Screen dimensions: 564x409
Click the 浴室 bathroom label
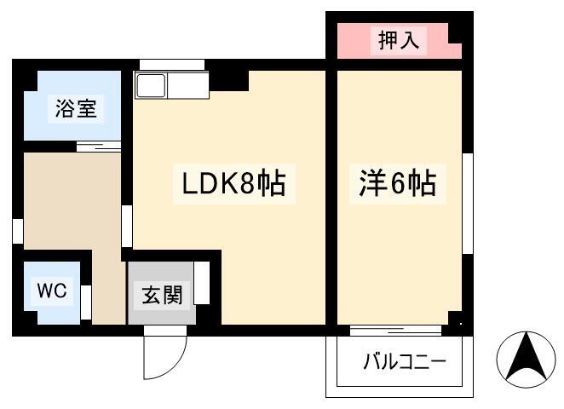click(76, 109)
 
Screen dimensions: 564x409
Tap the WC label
click(52, 291)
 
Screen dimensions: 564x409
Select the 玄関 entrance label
click(162, 296)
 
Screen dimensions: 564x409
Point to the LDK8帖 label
click(233, 183)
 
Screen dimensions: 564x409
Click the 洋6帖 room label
click(398, 182)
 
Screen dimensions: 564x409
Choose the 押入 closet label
click(399, 40)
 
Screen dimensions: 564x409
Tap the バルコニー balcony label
click(405, 361)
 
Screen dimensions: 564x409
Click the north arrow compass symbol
click(527, 360)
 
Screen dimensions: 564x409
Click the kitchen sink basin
click(152, 85)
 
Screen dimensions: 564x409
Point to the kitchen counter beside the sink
click(187, 85)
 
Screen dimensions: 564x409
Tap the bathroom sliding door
click(99, 147)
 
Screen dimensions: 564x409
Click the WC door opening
click(86, 302)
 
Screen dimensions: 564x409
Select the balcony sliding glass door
click(395, 331)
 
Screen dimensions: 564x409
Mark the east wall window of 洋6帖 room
click(468, 204)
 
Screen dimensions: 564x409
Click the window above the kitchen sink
click(172, 65)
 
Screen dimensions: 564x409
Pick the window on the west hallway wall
click(18, 231)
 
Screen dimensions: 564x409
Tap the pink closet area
click(400, 41)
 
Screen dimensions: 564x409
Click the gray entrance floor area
click(162, 293)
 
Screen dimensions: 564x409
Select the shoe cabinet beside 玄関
click(202, 283)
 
